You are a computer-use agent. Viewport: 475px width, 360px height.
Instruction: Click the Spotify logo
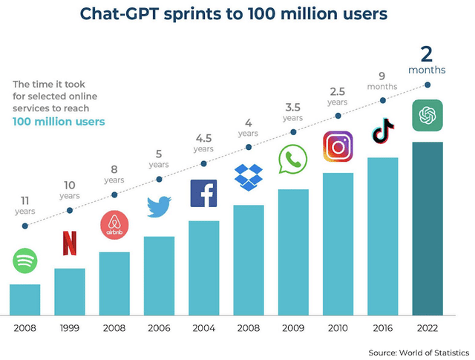pos(24,261)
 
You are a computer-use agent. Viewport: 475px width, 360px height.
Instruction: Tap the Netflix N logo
pos(69,243)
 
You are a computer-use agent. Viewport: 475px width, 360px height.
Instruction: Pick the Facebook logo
pos(203,193)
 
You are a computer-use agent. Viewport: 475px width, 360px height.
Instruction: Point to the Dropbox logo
pos(249,177)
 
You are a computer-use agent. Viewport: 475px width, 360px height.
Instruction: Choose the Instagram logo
pos(338,145)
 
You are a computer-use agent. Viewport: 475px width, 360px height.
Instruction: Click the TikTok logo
pos(383,131)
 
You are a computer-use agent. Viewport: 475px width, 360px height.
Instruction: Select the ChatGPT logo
pos(427,115)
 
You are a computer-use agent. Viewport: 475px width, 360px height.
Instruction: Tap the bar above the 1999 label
pos(69,292)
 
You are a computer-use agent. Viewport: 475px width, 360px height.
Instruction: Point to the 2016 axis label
pos(383,327)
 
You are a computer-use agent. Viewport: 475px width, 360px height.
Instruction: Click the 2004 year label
pos(203,327)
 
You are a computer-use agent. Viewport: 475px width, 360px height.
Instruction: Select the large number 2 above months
pos(427,54)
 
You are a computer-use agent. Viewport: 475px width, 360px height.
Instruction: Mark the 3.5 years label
pos(292,111)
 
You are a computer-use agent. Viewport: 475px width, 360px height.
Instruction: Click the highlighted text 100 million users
pos(59,122)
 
